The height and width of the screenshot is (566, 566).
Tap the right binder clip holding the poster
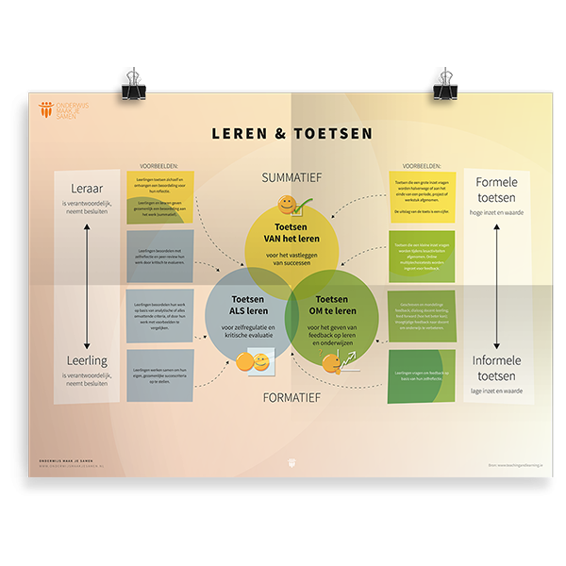(445, 85)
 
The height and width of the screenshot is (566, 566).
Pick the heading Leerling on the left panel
(87, 360)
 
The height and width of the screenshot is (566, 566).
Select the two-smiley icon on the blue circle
(253, 362)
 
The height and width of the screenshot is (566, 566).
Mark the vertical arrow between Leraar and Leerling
(87, 275)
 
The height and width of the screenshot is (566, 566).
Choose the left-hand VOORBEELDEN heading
(158, 165)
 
